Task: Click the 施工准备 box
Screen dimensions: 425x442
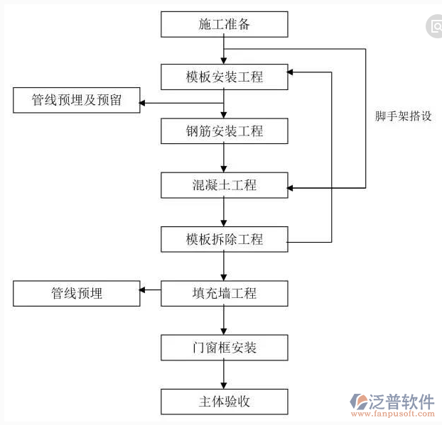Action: point(224,25)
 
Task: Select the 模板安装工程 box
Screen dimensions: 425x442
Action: point(224,77)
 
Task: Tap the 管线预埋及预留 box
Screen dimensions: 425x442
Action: point(76,101)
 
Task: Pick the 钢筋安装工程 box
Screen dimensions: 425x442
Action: point(224,131)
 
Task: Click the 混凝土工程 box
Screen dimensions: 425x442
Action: point(224,186)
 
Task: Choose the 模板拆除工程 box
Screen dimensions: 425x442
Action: point(224,239)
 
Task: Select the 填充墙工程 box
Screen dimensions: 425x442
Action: point(224,293)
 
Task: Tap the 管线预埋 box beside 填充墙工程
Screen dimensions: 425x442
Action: point(76,293)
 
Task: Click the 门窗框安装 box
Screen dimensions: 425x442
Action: point(224,348)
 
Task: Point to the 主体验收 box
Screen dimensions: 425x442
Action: point(224,402)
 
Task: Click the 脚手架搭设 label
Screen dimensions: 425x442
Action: point(404,116)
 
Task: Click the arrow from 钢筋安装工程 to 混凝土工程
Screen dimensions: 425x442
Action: point(224,158)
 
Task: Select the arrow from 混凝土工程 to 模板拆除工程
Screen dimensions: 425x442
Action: point(224,212)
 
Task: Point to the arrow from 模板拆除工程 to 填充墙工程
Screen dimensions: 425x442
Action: point(224,266)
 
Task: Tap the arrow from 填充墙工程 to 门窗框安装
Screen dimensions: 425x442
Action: point(224,320)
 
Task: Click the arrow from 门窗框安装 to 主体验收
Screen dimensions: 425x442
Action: point(224,375)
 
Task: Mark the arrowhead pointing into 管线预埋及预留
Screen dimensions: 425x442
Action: point(144,104)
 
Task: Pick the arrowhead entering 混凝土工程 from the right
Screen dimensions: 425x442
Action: point(292,188)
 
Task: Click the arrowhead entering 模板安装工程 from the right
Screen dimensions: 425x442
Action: point(292,72)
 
